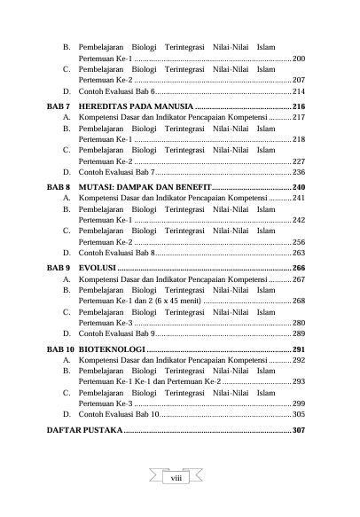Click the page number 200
(x=299, y=57)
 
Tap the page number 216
(x=299, y=105)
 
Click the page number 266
(x=299, y=268)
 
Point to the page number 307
(x=299, y=430)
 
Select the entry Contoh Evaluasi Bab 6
(x=115, y=91)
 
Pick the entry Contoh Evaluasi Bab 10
(x=118, y=414)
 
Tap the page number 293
(x=299, y=381)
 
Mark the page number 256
(x=299, y=242)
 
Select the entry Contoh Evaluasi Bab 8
(x=115, y=253)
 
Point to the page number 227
(x=299, y=161)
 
